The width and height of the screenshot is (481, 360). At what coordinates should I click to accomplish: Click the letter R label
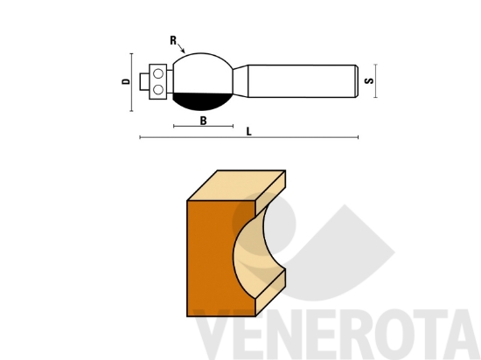click(174, 40)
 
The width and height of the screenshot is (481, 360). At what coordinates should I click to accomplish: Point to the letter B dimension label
click(203, 121)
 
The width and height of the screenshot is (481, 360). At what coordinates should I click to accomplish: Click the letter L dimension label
click(249, 131)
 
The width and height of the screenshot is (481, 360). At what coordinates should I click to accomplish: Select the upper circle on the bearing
click(157, 73)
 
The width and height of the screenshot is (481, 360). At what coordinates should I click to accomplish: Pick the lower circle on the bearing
click(157, 88)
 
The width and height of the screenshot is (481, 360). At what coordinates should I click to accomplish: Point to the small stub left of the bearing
click(144, 80)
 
